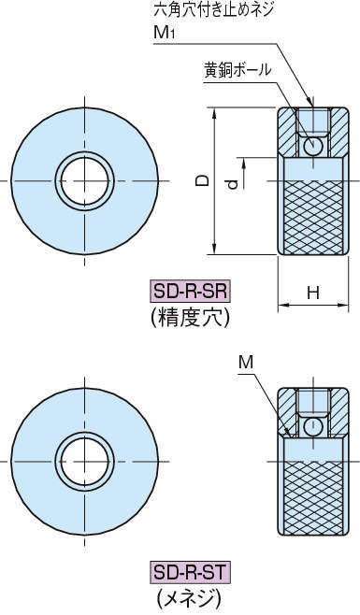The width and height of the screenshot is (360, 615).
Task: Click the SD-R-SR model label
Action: click(191, 292)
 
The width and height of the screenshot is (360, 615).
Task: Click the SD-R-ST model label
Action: click(191, 572)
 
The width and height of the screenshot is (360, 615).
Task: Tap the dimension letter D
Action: click(203, 180)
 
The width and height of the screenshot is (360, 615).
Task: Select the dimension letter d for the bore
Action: click(233, 183)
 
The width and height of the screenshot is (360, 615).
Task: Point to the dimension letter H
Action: click(313, 293)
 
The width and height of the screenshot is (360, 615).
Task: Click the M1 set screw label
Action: click(164, 33)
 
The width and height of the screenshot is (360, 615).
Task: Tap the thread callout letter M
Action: click(246, 363)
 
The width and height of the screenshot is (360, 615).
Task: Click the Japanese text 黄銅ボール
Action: click(238, 70)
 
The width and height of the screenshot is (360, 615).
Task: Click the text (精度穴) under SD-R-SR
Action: click(190, 319)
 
